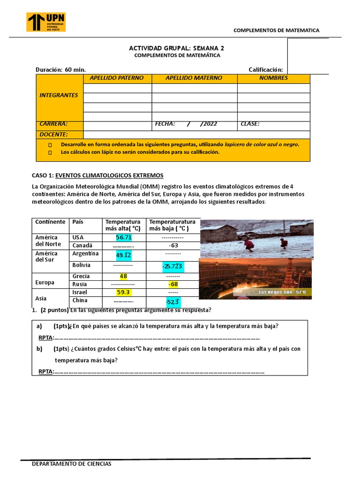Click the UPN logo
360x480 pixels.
point(46,22)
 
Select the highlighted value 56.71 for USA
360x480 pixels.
point(124,238)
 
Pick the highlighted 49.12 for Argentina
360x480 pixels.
point(124,255)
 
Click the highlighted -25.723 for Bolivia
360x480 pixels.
point(173,266)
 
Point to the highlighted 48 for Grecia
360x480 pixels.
point(124,276)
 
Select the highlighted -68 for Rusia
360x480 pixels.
point(173,285)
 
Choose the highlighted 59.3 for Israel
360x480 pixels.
point(123,292)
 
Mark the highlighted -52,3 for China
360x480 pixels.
point(173,301)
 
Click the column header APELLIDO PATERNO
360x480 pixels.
point(117,78)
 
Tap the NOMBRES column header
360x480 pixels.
point(273,78)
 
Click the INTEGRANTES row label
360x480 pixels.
point(59,95)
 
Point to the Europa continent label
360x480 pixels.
point(45,283)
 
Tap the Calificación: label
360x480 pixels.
point(266,70)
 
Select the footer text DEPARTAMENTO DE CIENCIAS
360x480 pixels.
point(71,464)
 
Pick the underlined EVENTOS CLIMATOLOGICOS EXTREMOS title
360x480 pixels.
point(109,175)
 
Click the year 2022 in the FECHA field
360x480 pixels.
point(210,124)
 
